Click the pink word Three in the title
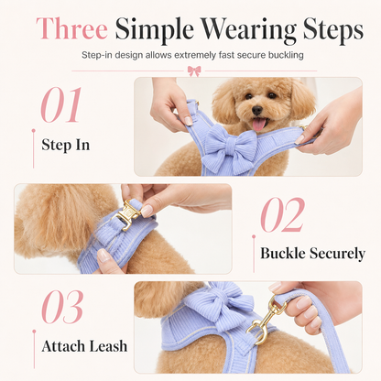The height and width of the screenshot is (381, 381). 71,28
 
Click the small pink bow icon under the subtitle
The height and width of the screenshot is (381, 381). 194,71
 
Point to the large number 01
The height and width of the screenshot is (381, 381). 61,104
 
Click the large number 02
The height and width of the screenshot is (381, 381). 283,214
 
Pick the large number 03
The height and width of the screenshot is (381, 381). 62,307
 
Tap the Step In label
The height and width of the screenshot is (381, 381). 66,145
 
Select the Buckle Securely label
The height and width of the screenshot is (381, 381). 312,253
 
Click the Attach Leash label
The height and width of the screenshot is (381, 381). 84,346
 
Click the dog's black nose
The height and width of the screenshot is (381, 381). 257,110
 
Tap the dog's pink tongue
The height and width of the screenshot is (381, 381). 259,125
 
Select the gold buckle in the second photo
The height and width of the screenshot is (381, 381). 126,213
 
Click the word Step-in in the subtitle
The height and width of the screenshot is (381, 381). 97,55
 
